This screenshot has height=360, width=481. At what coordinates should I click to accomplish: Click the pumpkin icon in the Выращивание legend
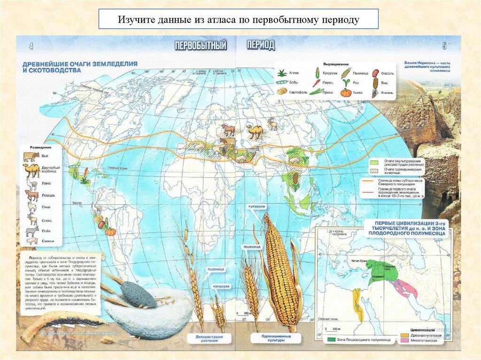tap(346, 92)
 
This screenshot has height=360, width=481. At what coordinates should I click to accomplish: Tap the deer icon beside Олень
tap(31, 218)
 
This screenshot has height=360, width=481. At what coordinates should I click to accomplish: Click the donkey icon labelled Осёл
tap(31, 230)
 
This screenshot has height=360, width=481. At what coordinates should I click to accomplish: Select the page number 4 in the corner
tap(31, 46)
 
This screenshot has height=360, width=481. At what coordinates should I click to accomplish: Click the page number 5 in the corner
tap(444, 46)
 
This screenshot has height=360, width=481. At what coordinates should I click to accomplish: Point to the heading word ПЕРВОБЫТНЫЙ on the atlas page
tap(201, 46)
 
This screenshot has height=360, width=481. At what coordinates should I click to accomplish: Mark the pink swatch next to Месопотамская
tap(404, 340)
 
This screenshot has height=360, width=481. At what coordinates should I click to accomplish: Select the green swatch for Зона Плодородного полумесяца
tap(331, 338)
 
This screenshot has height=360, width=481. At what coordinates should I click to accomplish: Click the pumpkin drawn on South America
tap(110, 231)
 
